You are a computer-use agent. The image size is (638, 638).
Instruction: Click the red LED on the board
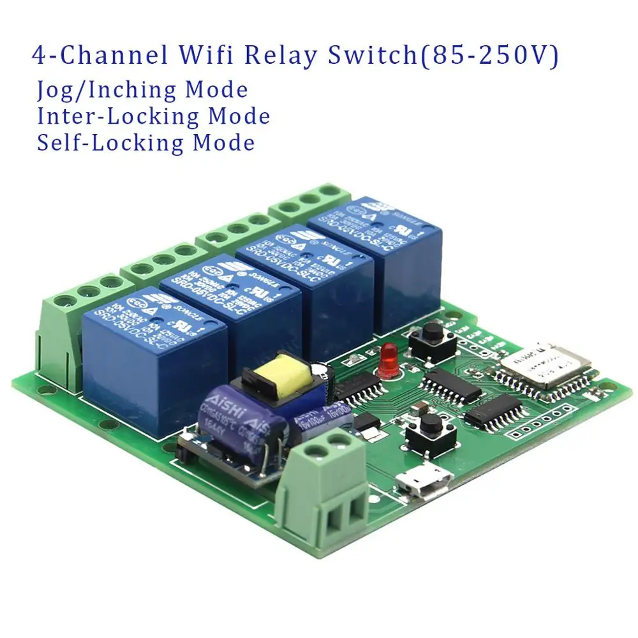(x=388, y=359)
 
